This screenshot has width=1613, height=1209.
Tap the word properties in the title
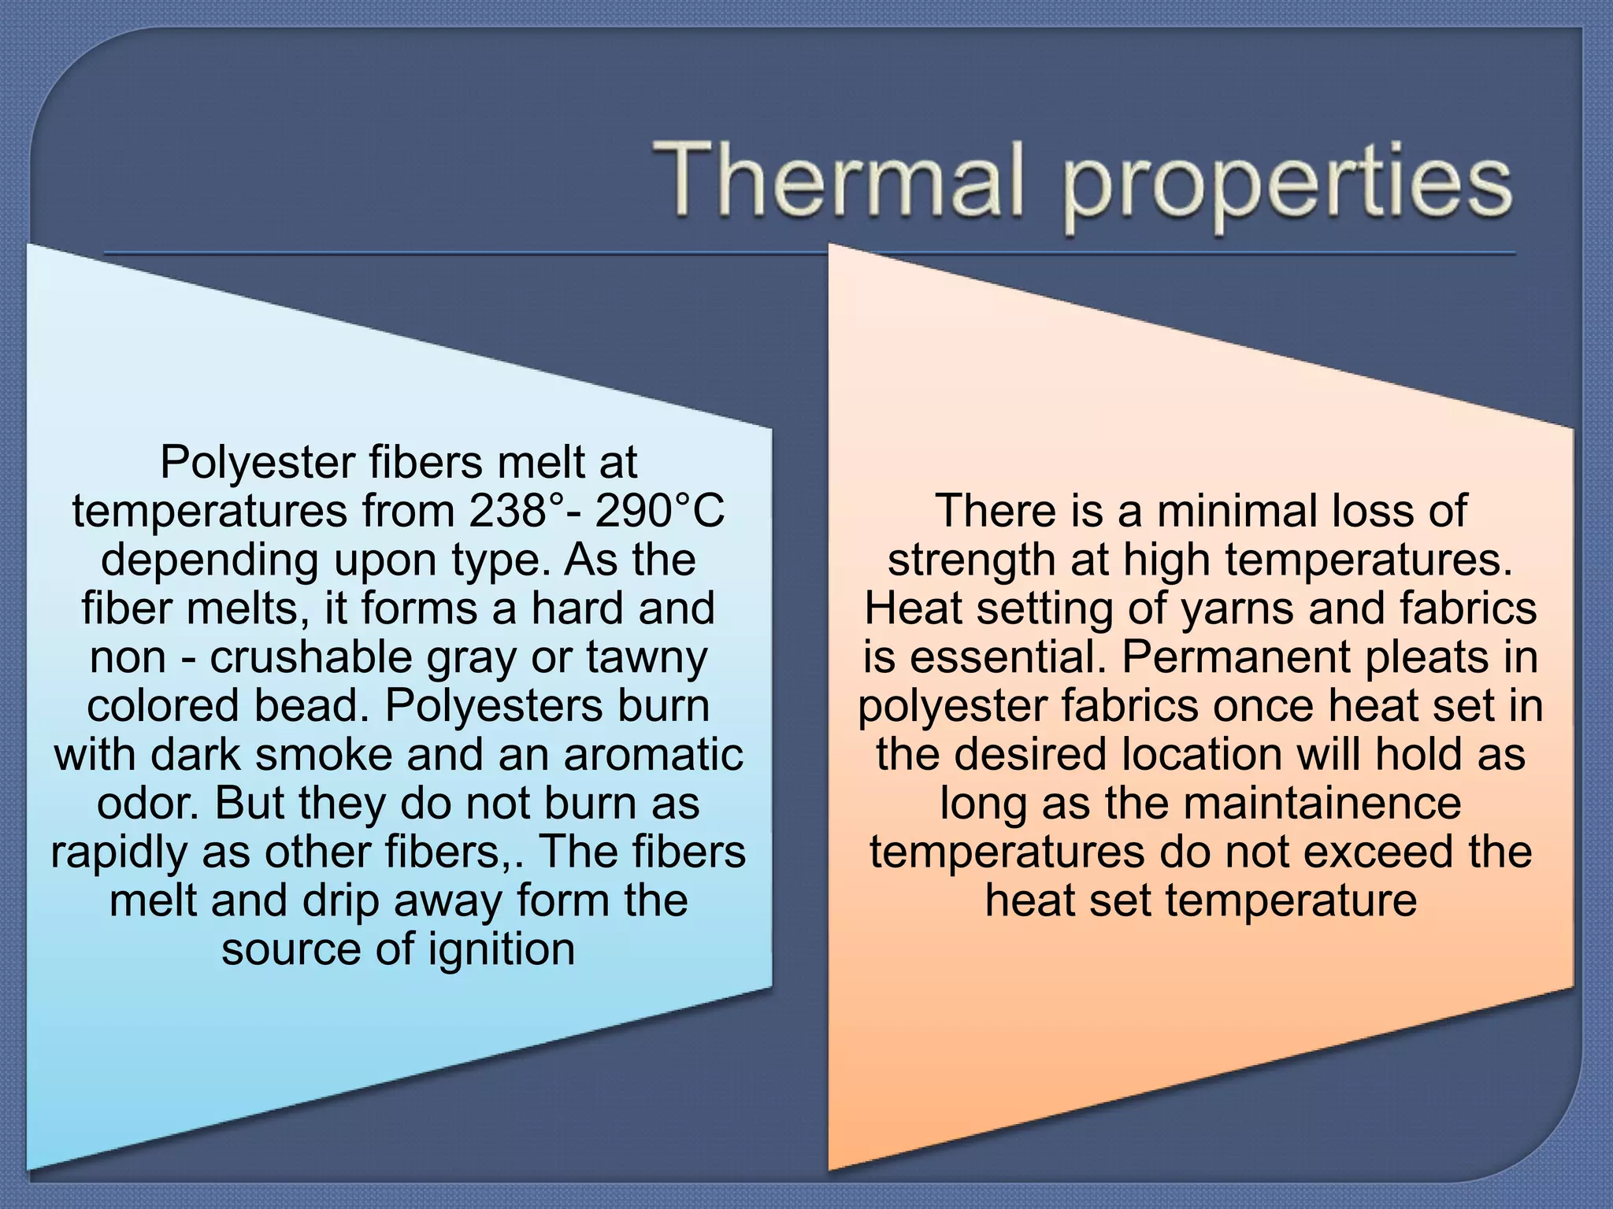(x=1287, y=186)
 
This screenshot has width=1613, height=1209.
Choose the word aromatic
(x=653, y=754)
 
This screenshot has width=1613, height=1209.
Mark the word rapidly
(x=120, y=853)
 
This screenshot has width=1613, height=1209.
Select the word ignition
(x=502, y=950)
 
